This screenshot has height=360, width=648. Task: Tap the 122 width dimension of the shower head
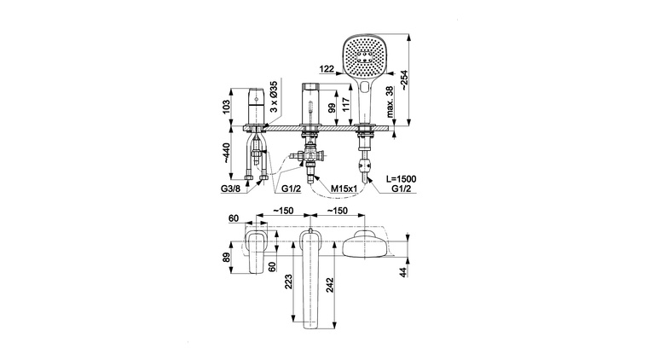coord(327,69)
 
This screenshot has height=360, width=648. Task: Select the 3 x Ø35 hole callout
coord(274,96)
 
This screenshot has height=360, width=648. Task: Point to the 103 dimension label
coord(226,107)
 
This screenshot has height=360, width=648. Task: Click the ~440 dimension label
coord(226,153)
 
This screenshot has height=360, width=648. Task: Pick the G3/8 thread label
coord(229,189)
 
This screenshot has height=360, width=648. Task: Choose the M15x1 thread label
coord(344,189)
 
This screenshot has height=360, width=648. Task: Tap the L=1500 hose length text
coord(401,179)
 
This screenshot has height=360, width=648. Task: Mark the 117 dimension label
coord(347,103)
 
